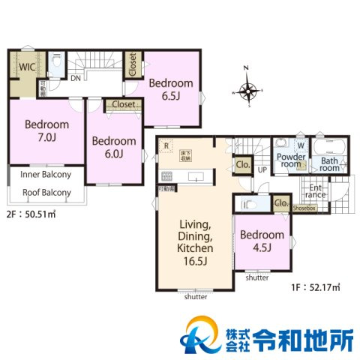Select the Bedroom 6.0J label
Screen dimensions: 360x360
pyautogui.click(x=114, y=147)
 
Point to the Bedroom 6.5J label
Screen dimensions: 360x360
pyautogui.click(x=170, y=89)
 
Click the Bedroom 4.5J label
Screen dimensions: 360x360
pyautogui.click(x=262, y=240)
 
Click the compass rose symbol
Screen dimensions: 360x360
pyautogui.click(x=249, y=91)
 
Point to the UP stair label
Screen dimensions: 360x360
pyautogui.click(x=262, y=171)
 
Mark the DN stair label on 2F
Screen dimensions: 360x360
pyautogui.click(x=76, y=77)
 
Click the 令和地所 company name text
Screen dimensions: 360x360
pyautogui.click(x=304, y=337)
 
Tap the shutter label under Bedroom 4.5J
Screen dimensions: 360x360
pyautogui.click(x=256, y=277)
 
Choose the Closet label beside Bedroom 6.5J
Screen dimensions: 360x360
pyautogui.click(x=133, y=65)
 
